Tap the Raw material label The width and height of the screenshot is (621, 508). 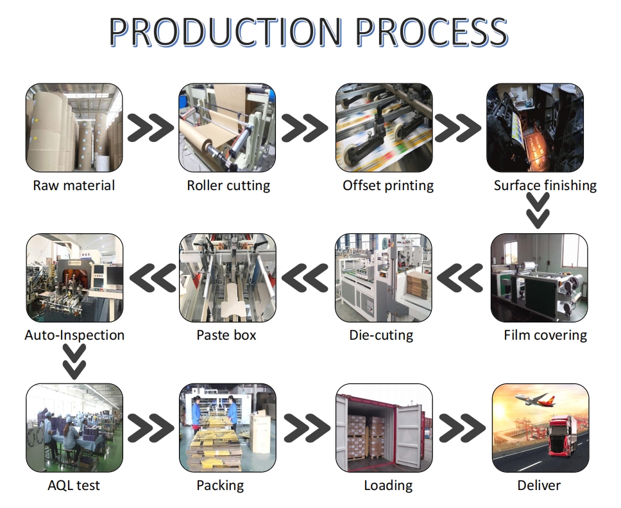pyautogui.click(x=74, y=186)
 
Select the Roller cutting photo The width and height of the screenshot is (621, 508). pyautogui.click(x=227, y=128)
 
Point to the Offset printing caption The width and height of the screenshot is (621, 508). pyautogui.click(x=388, y=186)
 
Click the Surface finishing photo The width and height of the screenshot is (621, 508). pyautogui.click(x=535, y=128)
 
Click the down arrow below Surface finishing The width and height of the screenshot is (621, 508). pyautogui.click(x=538, y=211)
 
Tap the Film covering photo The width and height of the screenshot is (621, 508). pyautogui.click(x=539, y=277)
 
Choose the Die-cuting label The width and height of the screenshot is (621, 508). pyautogui.click(x=381, y=335)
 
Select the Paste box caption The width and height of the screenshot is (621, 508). pyautogui.click(x=226, y=335)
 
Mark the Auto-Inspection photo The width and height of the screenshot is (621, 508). pyautogui.click(x=74, y=277)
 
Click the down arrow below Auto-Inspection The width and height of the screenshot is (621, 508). pyautogui.click(x=74, y=361)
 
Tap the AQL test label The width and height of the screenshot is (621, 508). pyautogui.click(x=74, y=485)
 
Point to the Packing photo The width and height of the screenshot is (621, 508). pyautogui.click(x=227, y=428)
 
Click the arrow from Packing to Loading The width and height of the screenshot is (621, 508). pyautogui.click(x=306, y=428)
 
